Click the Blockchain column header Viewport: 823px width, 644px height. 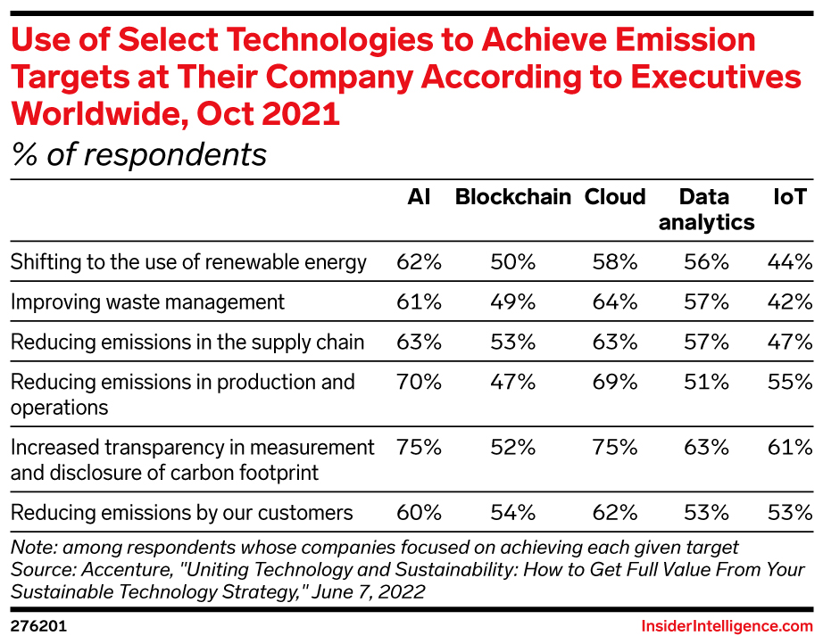click(512, 196)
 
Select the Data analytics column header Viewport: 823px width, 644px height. click(706, 210)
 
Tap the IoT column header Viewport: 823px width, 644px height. click(790, 196)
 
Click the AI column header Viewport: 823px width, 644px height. click(419, 196)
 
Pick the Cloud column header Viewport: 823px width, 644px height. click(615, 196)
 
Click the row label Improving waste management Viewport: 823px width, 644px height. click(147, 302)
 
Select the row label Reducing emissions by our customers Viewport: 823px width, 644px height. click(181, 512)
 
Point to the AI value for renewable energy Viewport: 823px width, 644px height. click(419, 261)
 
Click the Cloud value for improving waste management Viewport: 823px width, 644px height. click(615, 301)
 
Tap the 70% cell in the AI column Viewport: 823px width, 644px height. click(419, 382)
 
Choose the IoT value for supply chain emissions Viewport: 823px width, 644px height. click(790, 342)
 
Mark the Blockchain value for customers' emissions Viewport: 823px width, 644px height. click(512, 512)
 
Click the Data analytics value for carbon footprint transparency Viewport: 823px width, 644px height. click(706, 448)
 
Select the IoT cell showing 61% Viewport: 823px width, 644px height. click(790, 448)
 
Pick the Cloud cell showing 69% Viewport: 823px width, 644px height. click(615, 382)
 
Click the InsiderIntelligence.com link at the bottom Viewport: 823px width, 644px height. click(727, 626)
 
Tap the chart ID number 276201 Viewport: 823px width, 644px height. click(39, 626)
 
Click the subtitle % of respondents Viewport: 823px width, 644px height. click(139, 155)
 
